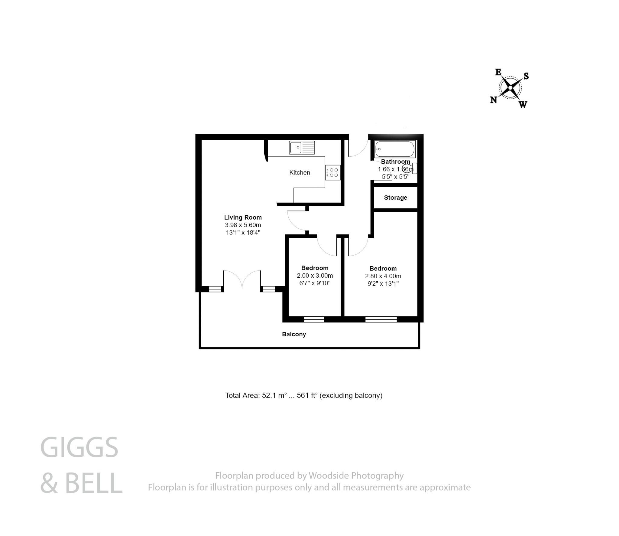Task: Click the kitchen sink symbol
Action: [x=302, y=148]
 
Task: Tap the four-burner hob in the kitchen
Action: [x=333, y=172]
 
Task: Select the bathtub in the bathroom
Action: [x=395, y=149]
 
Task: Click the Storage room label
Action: [x=395, y=198]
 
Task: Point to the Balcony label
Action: [x=294, y=334]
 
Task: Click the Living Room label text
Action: [x=243, y=217]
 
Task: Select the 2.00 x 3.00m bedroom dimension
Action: [x=315, y=276]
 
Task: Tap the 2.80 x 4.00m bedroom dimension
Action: [x=383, y=276]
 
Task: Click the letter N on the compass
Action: [x=493, y=100]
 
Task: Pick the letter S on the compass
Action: [x=526, y=76]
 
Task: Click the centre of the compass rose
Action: [x=510, y=88]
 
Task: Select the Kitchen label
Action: [x=300, y=172]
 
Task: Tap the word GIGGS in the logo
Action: [x=79, y=448]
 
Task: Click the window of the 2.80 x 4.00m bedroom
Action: [x=381, y=319]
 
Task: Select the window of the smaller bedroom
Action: [x=314, y=319]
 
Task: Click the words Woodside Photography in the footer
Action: [x=356, y=476]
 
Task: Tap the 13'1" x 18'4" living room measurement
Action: [x=243, y=232]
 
